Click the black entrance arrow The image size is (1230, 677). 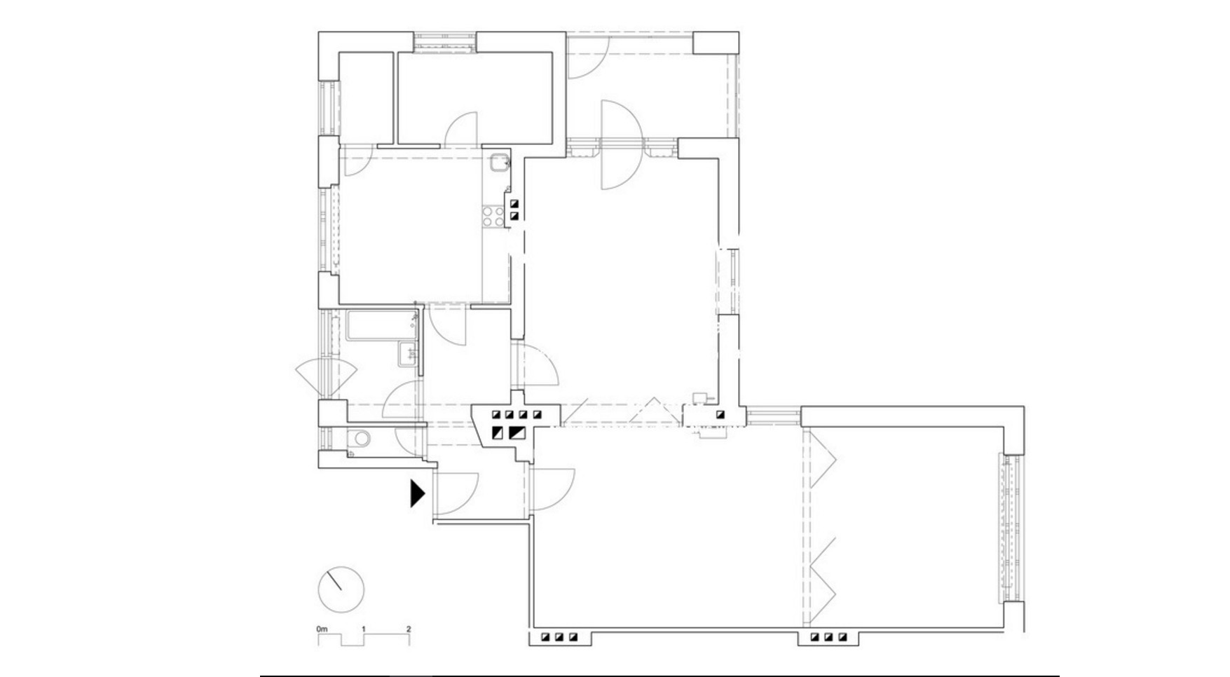pos(417,492)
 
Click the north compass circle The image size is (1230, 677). pos(341,589)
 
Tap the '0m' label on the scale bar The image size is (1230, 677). pos(322,629)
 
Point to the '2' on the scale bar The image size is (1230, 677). pos(409,629)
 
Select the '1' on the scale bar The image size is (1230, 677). pos(363,629)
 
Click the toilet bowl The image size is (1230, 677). pos(360,439)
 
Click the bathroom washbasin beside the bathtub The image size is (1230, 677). pos(408,354)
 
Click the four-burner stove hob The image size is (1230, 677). pos(493,216)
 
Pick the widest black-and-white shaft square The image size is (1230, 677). pos(518,432)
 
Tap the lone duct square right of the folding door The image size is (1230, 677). pos(720,415)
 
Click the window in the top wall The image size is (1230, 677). pos(445,41)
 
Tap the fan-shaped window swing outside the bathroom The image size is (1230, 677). pos(327,377)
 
